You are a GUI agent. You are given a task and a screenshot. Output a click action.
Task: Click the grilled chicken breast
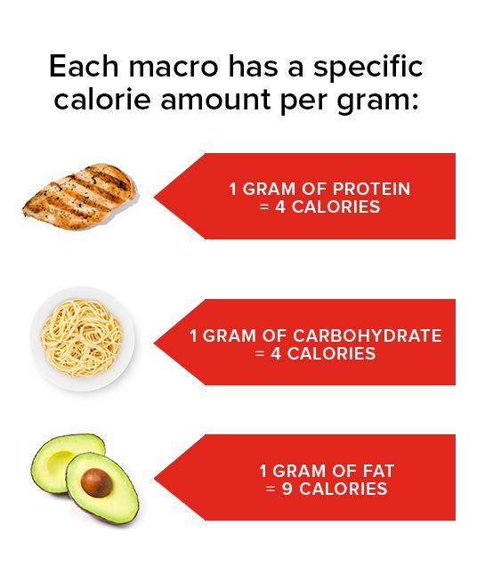click(x=80, y=196)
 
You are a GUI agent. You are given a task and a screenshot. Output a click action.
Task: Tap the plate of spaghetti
click(x=82, y=338)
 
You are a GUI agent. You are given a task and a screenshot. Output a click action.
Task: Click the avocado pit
click(x=96, y=482)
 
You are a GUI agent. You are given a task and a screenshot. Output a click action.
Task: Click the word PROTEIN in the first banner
click(x=371, y=189)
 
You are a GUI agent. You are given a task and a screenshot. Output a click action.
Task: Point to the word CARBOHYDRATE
click(x=367, y=335)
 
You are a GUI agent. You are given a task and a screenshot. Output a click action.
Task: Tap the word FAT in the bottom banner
click(x=378, y=472)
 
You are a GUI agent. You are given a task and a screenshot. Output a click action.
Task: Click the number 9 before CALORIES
click(x=287, y=489)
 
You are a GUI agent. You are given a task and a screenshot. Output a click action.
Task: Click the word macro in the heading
click(x=174, y=67)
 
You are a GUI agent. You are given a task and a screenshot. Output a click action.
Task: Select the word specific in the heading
click(x=368, y=68)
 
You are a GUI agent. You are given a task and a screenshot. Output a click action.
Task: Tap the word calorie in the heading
click(x=102, y=99)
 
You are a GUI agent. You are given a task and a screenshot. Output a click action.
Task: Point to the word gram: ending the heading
click(x=377, y=101)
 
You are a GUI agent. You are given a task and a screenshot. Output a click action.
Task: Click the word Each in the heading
click(x=84, y=66)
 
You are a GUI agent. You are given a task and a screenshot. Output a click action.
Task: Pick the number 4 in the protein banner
click(x=280, y=207)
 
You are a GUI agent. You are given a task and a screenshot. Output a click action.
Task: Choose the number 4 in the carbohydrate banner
click(x=276, y=353)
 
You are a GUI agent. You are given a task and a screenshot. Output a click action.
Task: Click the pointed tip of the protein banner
click(x=154, y=197)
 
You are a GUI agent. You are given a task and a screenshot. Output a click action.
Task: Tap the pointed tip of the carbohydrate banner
click(x=154, y=343)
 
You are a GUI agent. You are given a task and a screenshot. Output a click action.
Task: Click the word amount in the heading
click(x=215, y=100)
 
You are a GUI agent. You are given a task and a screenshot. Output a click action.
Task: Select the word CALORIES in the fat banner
click(x=344, y=489)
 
